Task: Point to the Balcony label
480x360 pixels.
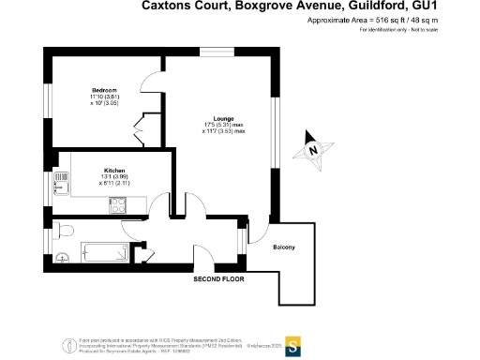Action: (285, 247)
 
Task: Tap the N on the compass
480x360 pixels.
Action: (316, 148)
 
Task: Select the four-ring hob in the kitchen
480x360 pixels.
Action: (119, 208)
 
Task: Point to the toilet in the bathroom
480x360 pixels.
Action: (65, 230)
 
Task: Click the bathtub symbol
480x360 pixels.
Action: (102, 251)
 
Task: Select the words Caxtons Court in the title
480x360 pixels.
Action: (182, 6)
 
